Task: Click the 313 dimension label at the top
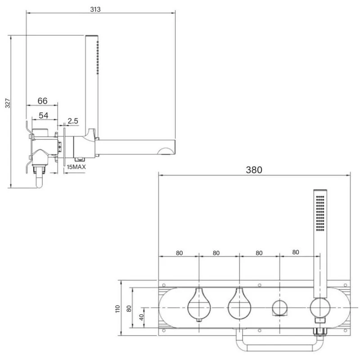[x=95, y=9]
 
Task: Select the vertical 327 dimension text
[x=7, y=104]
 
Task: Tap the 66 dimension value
[x=42, y=100]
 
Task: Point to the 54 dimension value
[x=43, y=116]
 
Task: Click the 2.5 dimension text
[x=73, y=121]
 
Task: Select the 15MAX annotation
[x=76, y=167]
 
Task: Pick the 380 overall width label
[x=254, y=170]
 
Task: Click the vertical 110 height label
[x=117, y=309]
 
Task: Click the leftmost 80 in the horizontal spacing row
[x=179, y=253]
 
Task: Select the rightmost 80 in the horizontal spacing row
[x=296, y=252]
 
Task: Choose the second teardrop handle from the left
[x=239, y=304]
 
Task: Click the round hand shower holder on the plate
[x=320, y=308]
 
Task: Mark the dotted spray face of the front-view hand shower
[x=320, y=214]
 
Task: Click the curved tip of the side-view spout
[x=170, y=147]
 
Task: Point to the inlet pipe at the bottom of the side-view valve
[x=40, y=180]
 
